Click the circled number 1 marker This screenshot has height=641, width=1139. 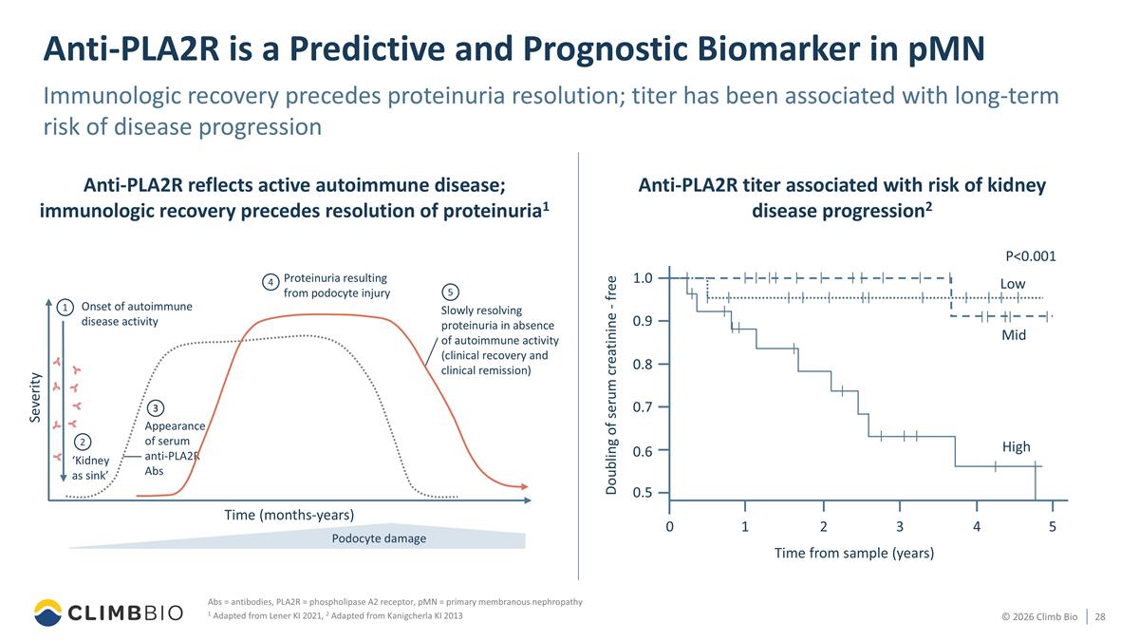pyautogui.click(x=65, y=308)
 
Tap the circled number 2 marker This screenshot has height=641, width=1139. pyautogui.click(x=83, y=442)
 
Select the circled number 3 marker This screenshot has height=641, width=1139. pyautogui.click(x=155, y=408)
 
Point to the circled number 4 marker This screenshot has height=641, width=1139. pyautogui.click(x=271, y=282)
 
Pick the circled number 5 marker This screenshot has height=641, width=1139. pyautogui.click(x=450, y=292)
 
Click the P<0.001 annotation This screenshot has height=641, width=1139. pyautogui.click(x=1031, y=255)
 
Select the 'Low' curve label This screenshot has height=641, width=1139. pyautogui.click(x=1013, y=284)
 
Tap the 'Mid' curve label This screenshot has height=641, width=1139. pyautogui.click(x=1014, y=335)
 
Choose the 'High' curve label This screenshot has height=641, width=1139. pyautogui.click(x=1016, y=446)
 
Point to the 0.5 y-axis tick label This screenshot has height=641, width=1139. pyautogui.click(x=643, y=493)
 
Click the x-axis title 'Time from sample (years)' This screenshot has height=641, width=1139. pyautogui.click(x=853, y=553)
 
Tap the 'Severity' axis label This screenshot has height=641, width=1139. pyautogui.click(x=34, y=397)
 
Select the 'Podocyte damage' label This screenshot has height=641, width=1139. pyautogui.click(x=379, y=538)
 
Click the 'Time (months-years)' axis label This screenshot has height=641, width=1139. pyautogui.click(x=289, y=515)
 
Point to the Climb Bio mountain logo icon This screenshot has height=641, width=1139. pyautogui.click(x=47, y=613)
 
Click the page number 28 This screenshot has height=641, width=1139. pyautogui.click(x=1100, y=616)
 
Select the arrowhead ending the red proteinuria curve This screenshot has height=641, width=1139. pyautogui.click(x=525, y=487)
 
